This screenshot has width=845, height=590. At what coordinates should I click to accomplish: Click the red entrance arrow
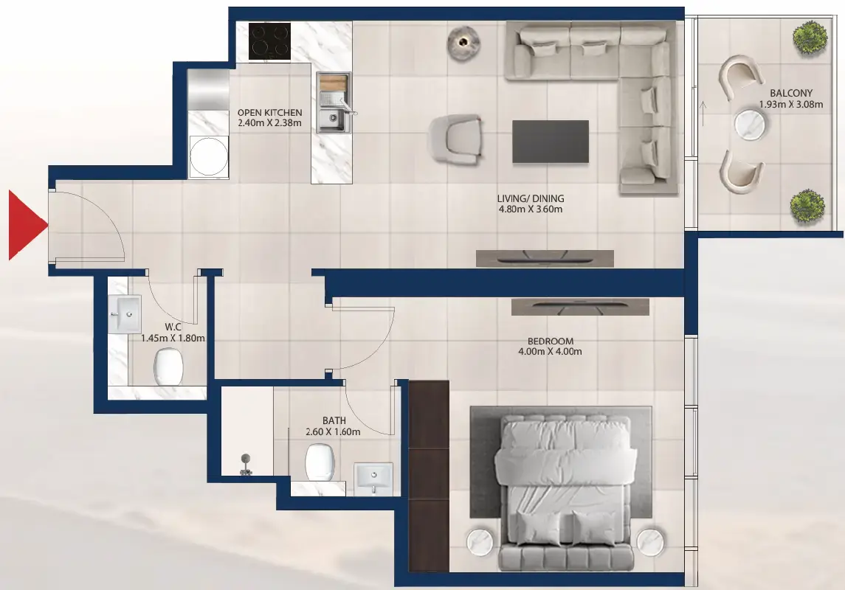pos(25,225)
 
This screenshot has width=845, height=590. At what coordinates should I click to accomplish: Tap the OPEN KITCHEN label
pos(269,113)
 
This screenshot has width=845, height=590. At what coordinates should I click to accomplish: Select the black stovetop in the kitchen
pos(269,41)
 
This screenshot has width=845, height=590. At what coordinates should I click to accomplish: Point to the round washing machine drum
pos(207,156)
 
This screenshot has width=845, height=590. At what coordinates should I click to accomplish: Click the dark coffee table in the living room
pos(551,141)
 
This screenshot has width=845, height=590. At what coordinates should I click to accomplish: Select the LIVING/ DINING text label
pos(532,199)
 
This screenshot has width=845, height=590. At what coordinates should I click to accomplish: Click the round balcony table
pos(751,125)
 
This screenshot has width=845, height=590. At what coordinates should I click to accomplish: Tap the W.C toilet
pos(169,367)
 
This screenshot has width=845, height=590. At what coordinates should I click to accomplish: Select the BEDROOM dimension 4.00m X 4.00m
pos(550,352)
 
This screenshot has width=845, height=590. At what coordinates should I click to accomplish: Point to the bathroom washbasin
pos(375,477)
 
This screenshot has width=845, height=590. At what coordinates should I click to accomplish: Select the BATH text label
pos(334,420)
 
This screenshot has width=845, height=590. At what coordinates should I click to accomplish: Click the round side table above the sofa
pos(464,42)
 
